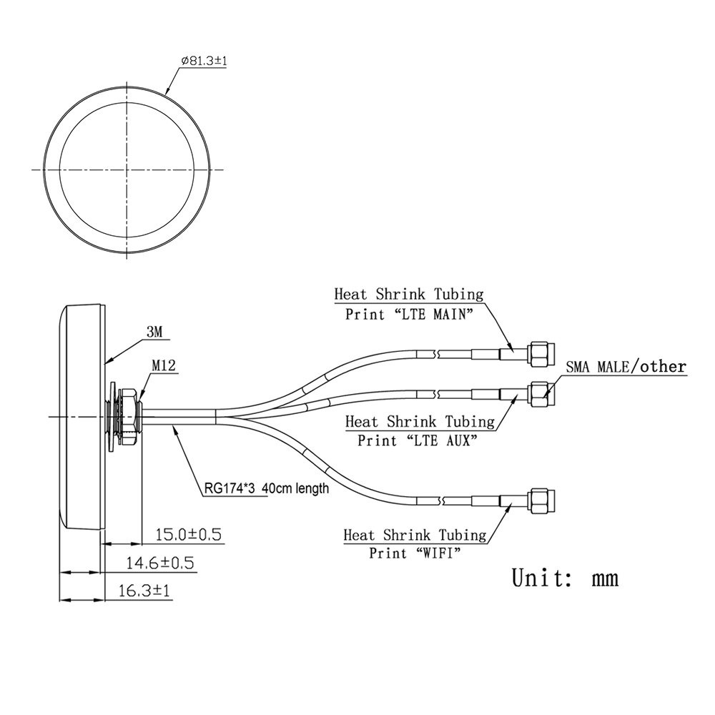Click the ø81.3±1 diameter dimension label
(x=204, y=62)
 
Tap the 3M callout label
(x=155, y=332)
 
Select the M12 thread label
(x=164, y=366)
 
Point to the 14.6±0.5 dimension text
(x=160, y=563)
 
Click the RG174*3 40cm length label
(x=266, y=489)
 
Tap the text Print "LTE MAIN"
(x=409, y=314)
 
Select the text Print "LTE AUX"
(x=418, y=440)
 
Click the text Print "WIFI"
(x=415, y=553)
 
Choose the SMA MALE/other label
(x=626, y=367)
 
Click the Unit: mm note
(x=565, y=577)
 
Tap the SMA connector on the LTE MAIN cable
(x=539, y=352)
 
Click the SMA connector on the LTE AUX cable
(x=539, y=393)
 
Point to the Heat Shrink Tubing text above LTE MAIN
(x=408, y=294)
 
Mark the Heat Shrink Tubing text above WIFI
(x=415, y=534)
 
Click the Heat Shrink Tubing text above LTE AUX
(x=420, y=421)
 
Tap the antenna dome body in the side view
(x=82, y=416)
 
